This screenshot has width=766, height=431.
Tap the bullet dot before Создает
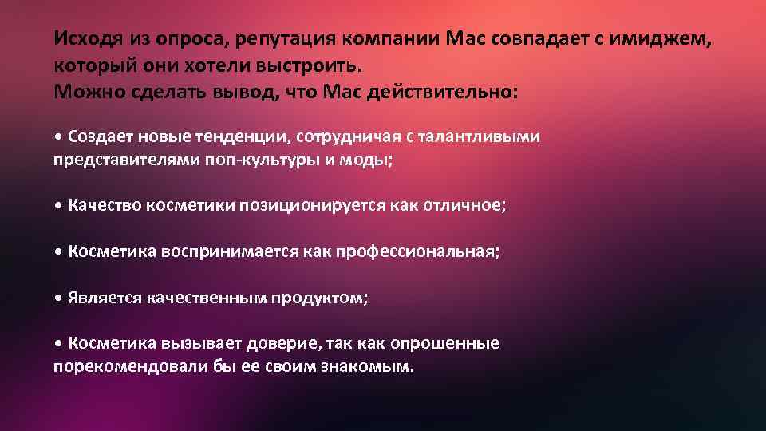click(59, 136)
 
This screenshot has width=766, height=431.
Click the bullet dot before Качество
click(59, 206)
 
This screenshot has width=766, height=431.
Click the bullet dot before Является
click(59, 299)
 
